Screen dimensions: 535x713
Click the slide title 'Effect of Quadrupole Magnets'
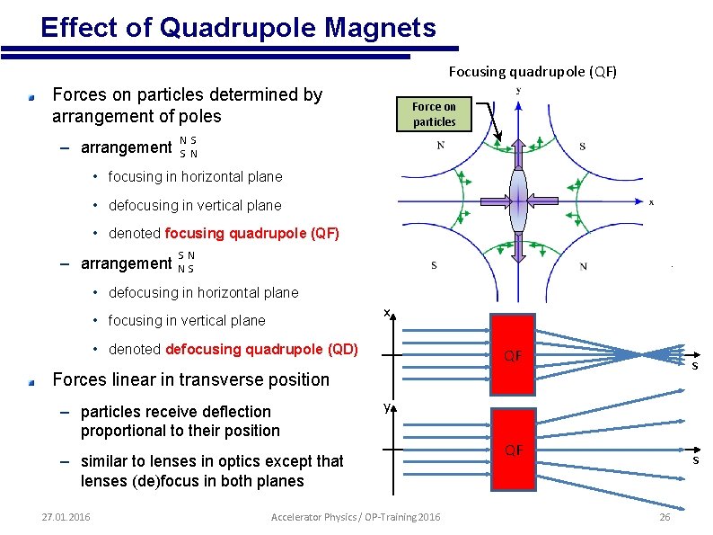pyautogui.click(x=238, y=27)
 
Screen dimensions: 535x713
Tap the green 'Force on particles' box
pyautogui.click(x=435, y=113)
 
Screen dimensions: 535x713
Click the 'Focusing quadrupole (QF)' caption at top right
pyautogui.click(x=533, y=71)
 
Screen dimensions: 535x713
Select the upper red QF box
pyautogui.click(x=513, y=355)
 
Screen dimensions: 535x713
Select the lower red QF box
pyautogui.click(x=513, y=450)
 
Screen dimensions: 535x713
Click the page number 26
pyautogui.click(x=665, y=517)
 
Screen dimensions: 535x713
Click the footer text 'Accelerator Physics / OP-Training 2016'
pyautogui.click(x=356, y=516)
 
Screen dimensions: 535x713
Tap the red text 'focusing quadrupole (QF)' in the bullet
pyautogui.click(x=252, y=234)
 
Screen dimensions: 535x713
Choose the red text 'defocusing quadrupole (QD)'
pyautogui.click(x=261, y=349)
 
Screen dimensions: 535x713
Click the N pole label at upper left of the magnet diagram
pyautogui.click(x=440, y=146)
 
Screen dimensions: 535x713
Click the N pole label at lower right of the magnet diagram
pyautogui.click(x=584, y=266)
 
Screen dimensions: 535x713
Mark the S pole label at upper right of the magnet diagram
pyautogui.click(x=583, y=146)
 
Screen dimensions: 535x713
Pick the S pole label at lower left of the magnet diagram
pyautogui.click(x=435, y=265)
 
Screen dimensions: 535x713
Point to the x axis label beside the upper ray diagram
pyautogui.click(x=386, y=313)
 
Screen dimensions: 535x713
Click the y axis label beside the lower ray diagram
pyautogui.click(x=386, y=407)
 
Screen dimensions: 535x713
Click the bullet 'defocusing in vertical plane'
pyautogui.click(x=194, y=205)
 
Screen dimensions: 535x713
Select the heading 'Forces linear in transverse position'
pyautogui.click(x=191, y=379)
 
